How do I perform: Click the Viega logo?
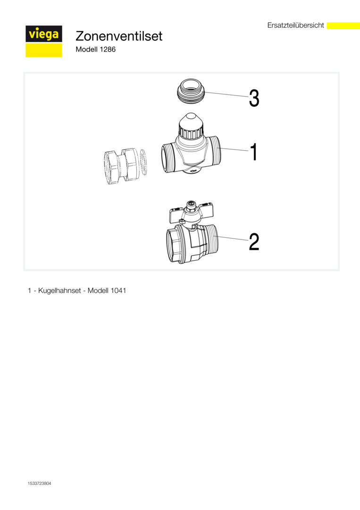[x=44, y=41]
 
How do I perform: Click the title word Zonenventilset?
[x=119, y=36]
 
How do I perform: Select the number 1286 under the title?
[x=108, y=50]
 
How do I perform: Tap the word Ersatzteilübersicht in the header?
[x=296, y=25]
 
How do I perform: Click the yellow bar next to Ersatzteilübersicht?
[x=343, y=25]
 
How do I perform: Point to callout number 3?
[x=254, y=98]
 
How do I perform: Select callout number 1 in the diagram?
[x=253, y=152]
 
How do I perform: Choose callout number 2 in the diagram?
[x=254, y=242]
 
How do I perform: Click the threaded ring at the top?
[x=191, y=92]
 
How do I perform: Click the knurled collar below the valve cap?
[x=191, y=132]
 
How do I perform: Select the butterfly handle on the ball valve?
[x=191, y=213]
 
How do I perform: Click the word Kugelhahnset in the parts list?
[x=59, y=290]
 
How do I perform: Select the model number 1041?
[x=118, y=290]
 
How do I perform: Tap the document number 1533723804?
[x=39, y=484]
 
